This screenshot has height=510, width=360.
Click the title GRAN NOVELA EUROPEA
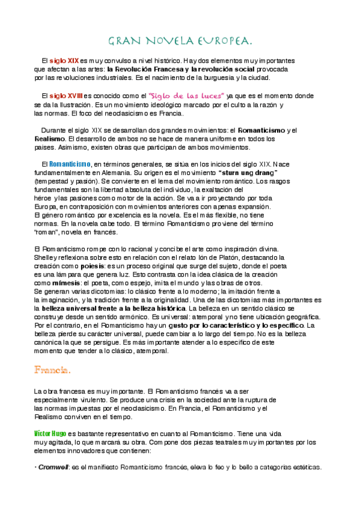(180, 41)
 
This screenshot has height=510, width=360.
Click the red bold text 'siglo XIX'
(64, 61)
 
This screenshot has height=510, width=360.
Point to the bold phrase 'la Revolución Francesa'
(139, 69)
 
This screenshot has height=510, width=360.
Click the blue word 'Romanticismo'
(69, 164)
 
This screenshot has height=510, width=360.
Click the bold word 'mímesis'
(64, 282)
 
